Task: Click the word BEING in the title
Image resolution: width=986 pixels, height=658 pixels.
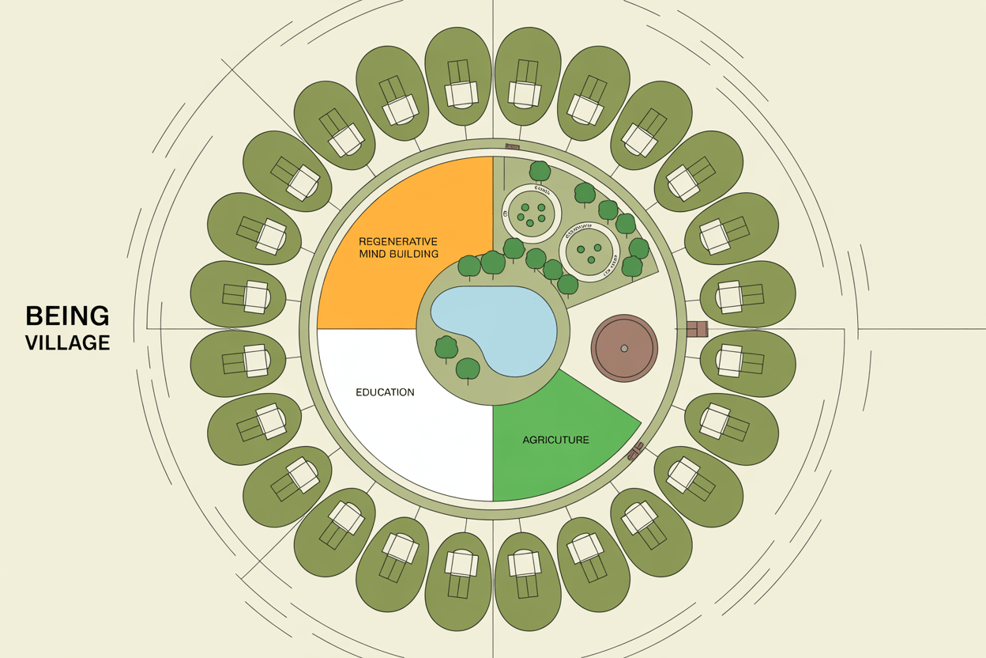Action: pos(67,316)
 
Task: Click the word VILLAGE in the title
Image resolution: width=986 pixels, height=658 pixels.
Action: pos(67,342)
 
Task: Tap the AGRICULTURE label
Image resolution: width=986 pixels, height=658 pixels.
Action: pos(555,440)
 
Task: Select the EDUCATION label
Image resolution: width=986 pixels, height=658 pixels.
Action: pos(385,392)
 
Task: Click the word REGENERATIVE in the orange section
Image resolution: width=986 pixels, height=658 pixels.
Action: pos(398,240)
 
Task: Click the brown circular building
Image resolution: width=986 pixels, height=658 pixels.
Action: pos(624,348)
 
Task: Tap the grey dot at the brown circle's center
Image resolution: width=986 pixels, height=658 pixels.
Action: pos(624,348)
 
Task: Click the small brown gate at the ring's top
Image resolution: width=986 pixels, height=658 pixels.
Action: pos(512,146)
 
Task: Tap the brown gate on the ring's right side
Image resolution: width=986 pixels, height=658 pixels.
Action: pos(697,328)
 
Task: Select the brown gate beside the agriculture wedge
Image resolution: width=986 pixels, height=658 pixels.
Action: pos(635,451)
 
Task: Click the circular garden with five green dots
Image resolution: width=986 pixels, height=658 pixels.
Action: pos(531,211)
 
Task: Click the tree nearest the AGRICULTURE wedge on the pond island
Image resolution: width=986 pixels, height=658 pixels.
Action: pos(468,369)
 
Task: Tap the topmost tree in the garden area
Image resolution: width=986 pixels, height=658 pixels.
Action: pos(540,170)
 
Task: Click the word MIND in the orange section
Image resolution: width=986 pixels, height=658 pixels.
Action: pos(374,254)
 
